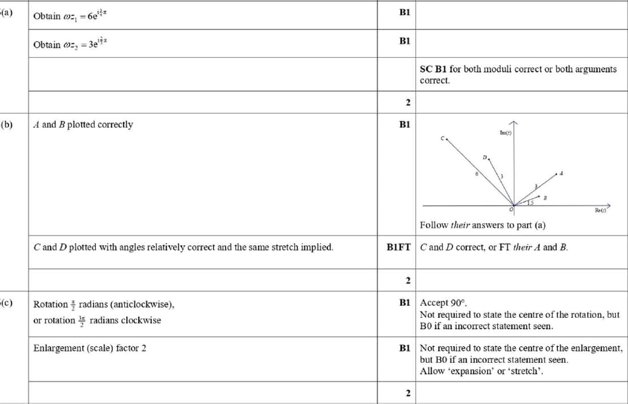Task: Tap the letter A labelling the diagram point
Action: pos(562,173)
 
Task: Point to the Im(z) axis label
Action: pos(505,133)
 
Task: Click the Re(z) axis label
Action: pos(601,211)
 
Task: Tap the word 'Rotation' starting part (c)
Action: pos(51,304)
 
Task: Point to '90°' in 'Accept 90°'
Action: pos(460,303)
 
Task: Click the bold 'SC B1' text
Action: pos(433,69)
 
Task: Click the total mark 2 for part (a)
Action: pos(408,103)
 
